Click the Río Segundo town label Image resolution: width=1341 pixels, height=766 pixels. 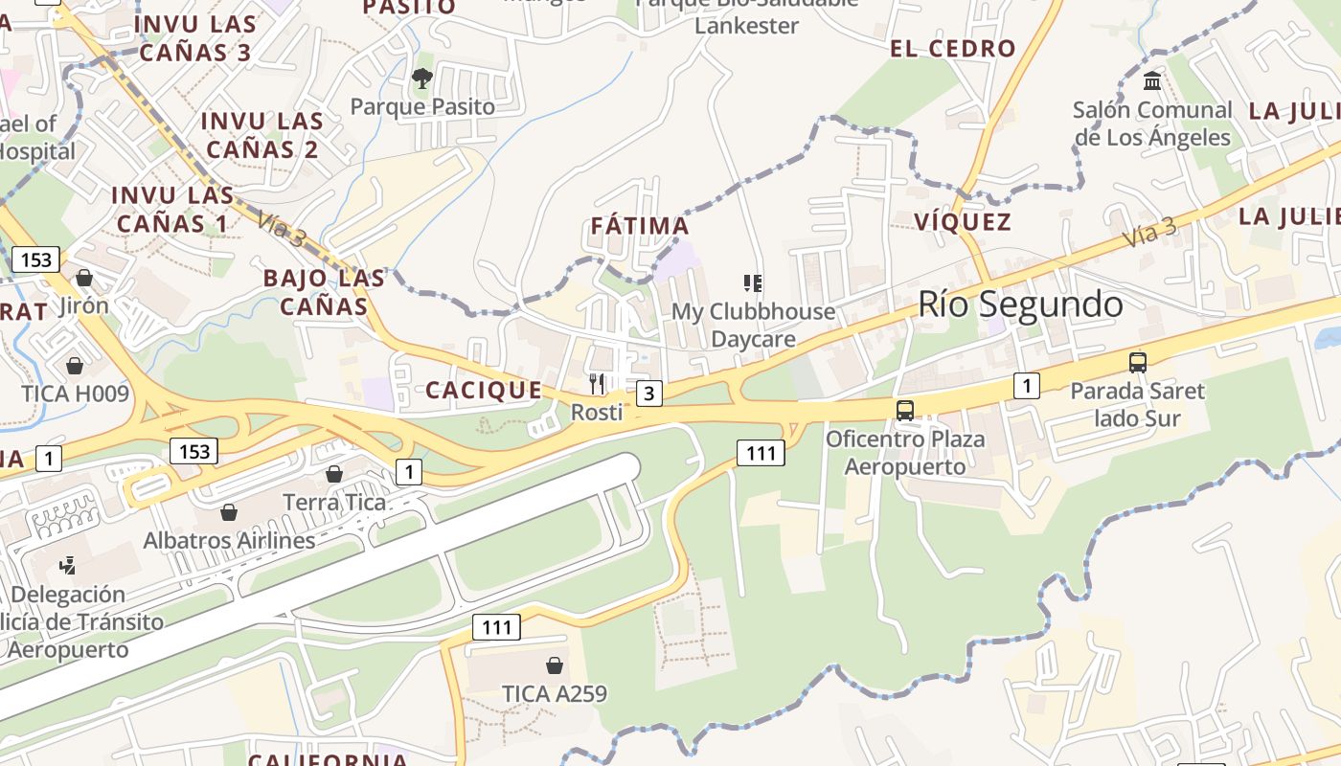1020,304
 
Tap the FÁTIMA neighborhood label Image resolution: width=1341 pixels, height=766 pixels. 640,226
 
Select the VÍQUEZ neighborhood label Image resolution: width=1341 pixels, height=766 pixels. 963,222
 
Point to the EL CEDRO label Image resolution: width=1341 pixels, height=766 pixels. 952,48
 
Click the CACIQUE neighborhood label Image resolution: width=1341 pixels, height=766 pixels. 484,390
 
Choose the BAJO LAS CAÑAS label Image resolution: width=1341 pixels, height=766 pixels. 324,292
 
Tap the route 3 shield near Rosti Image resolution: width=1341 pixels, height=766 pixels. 649,393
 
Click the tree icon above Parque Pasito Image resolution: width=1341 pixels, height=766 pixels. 422,79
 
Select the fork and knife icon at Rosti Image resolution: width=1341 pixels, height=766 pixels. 597,384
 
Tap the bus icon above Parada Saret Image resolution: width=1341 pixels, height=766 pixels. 1138,363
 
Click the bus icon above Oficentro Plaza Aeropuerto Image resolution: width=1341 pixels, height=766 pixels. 905,411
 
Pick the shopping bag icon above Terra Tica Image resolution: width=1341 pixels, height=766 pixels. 334,474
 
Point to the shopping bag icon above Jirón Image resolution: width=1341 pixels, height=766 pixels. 84,278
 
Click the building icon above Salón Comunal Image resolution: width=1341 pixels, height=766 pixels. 1152,80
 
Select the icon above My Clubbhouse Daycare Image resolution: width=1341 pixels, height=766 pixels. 753,282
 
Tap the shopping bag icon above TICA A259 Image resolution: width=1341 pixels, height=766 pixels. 555,665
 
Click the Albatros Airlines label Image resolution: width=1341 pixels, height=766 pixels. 229,540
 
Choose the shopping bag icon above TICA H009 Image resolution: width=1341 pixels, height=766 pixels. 75,365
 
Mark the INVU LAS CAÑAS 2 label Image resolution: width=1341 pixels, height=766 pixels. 261,135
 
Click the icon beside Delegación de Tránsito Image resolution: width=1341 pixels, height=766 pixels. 68,565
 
